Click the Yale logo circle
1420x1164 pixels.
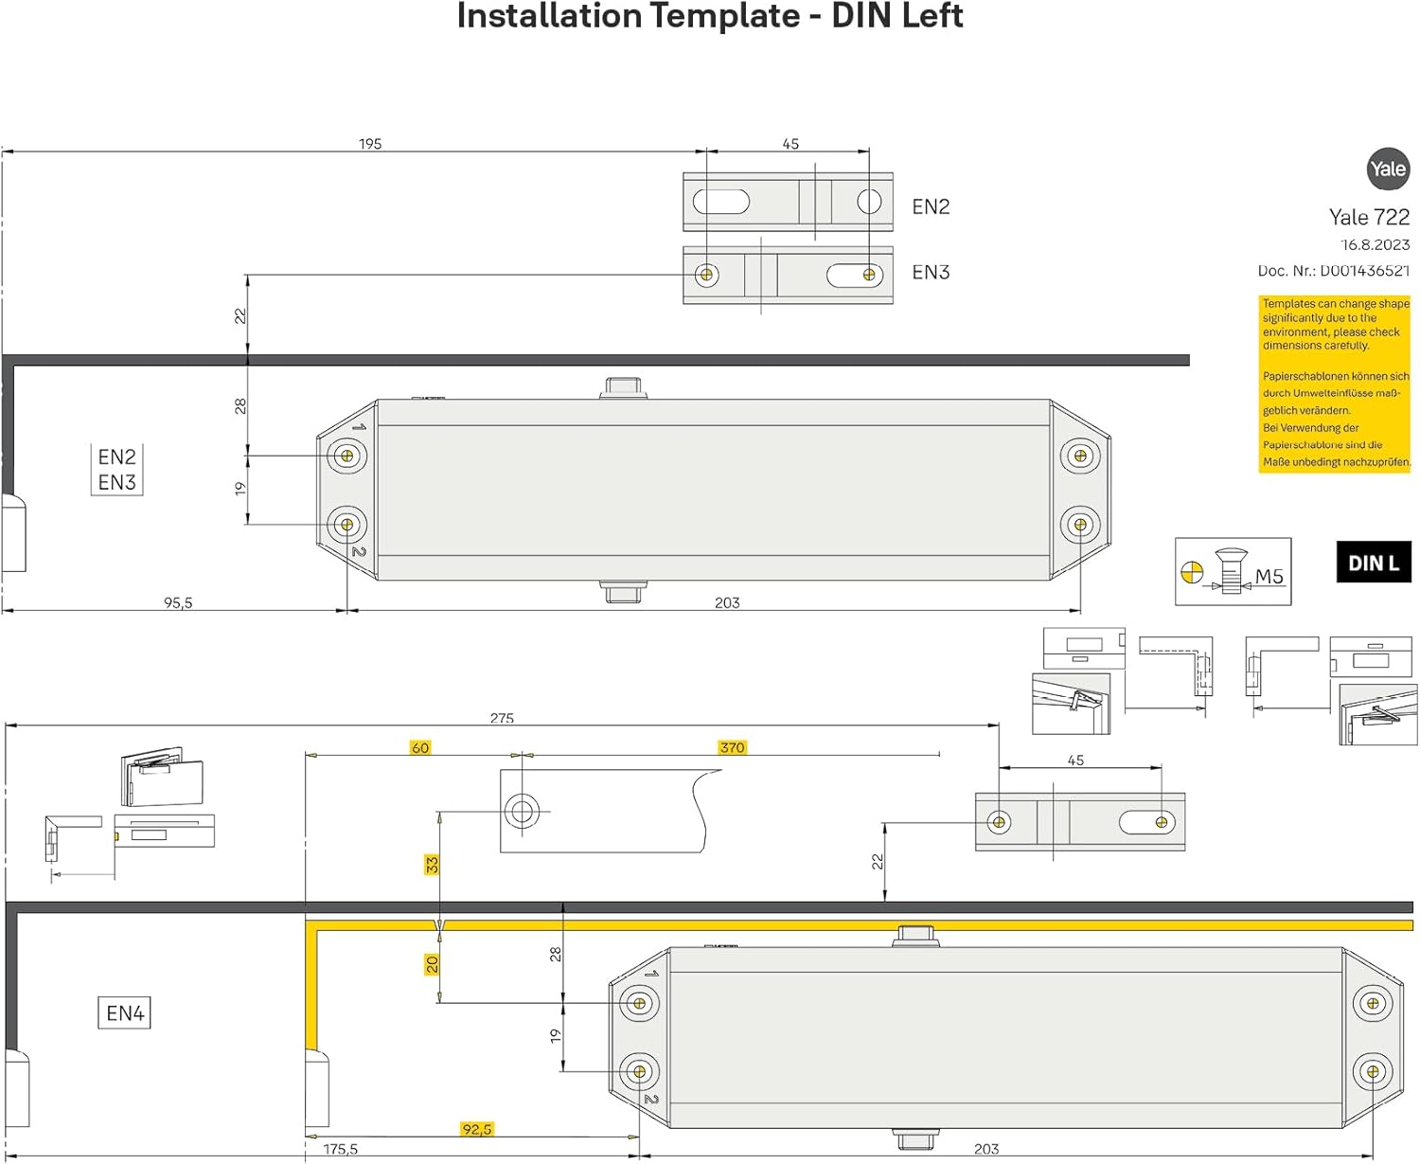point(1388,170)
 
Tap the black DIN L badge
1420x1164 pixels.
point(1373,563)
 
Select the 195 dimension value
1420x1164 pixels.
point(370,144)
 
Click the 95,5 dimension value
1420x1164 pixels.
point(178,602)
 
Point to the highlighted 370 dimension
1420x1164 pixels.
point(732,747)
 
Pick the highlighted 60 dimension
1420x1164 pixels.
point(420,747)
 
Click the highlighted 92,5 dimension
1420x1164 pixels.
point(477,1129)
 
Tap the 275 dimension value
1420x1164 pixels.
point(502,718)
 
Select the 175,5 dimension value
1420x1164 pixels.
point(341,1149)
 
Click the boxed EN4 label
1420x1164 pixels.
point(125,1013)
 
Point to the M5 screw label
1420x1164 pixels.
point(1269,576)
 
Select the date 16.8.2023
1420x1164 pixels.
point(1375,244)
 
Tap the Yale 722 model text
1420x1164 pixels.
point(1369,217)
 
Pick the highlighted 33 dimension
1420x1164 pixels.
point(432,865)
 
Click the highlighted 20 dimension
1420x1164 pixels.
point(432,964)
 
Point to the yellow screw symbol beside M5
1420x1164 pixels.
point(1192,572)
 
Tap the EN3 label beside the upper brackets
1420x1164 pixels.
point(931,273)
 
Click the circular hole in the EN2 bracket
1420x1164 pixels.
point(869,201)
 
